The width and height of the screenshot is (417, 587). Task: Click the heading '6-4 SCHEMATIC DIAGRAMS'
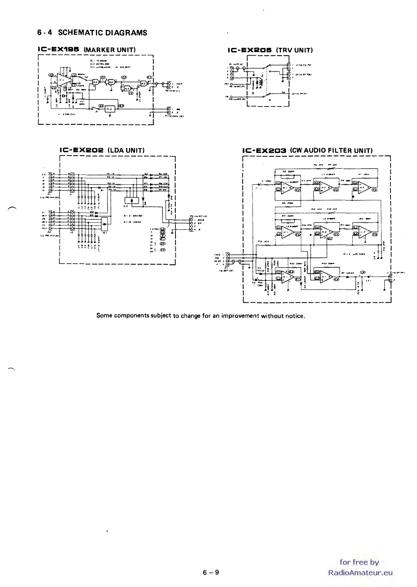click(92, 33)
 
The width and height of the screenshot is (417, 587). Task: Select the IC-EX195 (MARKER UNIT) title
click(86, 50)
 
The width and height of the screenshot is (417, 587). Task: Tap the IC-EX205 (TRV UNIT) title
click(270, 50)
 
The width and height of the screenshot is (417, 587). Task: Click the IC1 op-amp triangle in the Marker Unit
click(62, 80)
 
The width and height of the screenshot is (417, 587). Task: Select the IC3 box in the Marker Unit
click(110, 109)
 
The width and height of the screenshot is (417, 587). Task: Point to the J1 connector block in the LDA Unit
click(72, 182)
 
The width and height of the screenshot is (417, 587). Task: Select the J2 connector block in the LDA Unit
click(72, 220)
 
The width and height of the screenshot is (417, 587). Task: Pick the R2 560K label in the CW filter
click(290, 172)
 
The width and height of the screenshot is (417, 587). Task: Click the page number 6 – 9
click(211, 572)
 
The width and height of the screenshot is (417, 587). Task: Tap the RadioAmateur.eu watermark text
click(360, 573)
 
